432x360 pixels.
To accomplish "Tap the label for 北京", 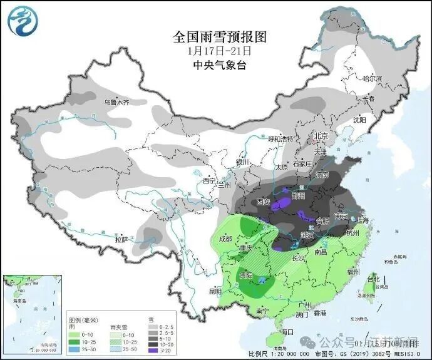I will pos(321,136).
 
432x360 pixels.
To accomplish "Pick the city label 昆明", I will pos(215,291).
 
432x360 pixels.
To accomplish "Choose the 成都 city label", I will pos(225,239).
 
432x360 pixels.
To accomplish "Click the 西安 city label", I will pos(264,202).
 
